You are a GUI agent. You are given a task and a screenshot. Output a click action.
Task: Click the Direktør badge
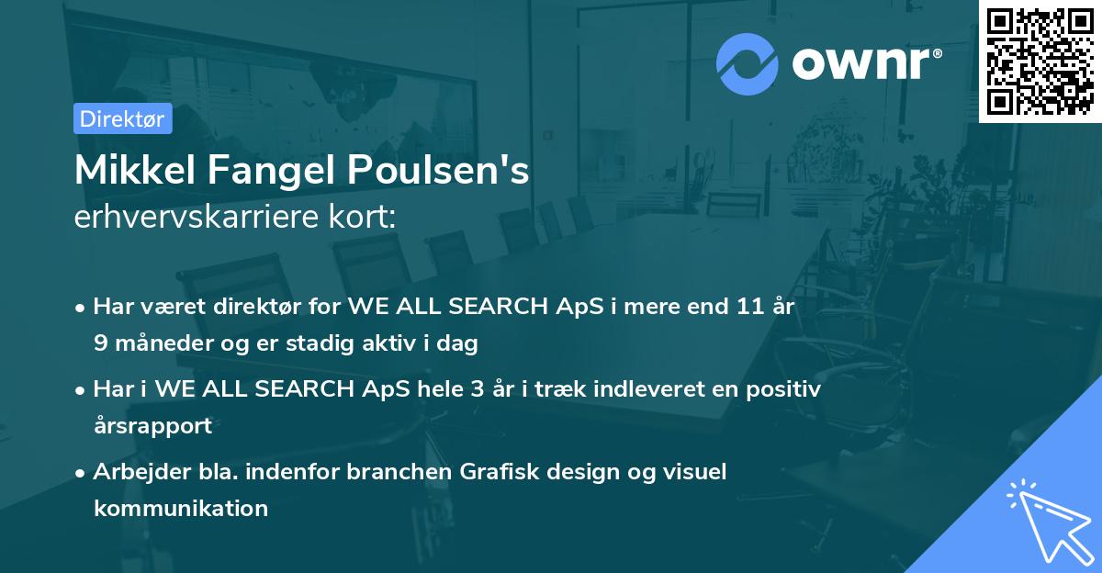pos(122,118)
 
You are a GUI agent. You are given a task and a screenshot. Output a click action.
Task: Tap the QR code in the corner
pos(1040,61)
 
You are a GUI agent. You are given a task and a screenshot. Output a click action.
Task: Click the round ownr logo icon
pos(748,63)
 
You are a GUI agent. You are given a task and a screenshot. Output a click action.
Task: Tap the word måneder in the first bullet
pos(161,343)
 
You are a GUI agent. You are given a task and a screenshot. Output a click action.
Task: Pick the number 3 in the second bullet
pos(477,389)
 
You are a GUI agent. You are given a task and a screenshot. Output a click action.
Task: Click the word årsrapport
pos(152,426)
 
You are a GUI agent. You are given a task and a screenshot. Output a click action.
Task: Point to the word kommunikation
pos(181,508)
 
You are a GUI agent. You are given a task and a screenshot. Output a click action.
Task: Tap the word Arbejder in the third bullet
pos(135,472)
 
